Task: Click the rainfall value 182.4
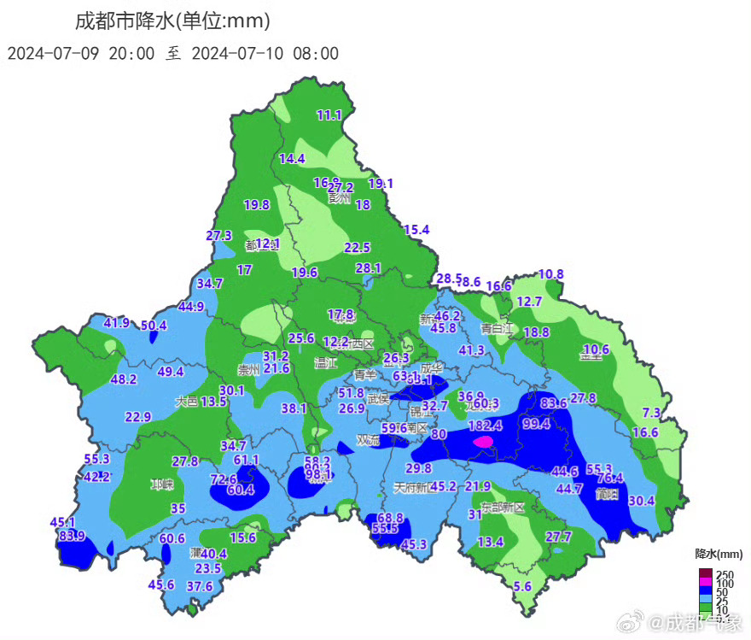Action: pos(486,425)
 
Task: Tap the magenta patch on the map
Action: pos(483,442)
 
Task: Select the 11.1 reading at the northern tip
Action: pos(329,115)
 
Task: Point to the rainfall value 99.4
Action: pos(537,424)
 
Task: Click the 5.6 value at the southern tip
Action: pos(523,586)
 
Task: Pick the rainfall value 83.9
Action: pos(72,536)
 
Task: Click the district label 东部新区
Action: pos(504,507)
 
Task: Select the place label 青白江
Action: pos(497,327)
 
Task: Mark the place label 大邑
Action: pos(187,401)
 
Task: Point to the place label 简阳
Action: pos(608,493)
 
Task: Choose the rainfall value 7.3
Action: pos(651,413)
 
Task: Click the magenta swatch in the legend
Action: pos(705,583)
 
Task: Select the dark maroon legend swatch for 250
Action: pos(705,573)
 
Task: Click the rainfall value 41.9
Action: pos(117,322)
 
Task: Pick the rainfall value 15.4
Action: pos(416,229)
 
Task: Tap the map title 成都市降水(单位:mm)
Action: pos(172,20)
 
